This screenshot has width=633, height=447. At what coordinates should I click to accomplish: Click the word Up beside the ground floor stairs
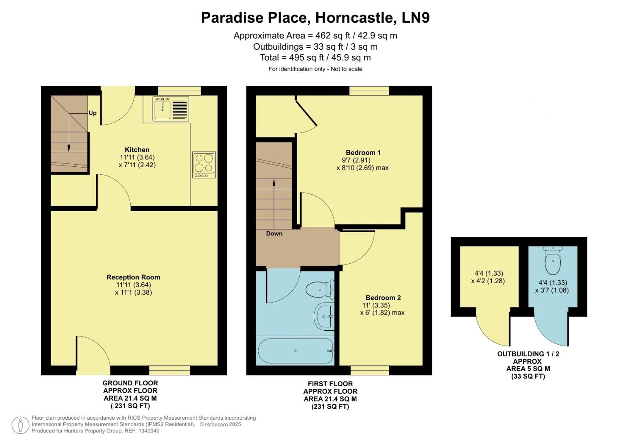pyautogui.click(x=92, y=113)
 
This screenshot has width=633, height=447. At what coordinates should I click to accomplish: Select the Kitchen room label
pyautogui.click(x=137, y=150)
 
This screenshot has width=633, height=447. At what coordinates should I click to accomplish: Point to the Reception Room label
pyautogui.click(x=133, y=277)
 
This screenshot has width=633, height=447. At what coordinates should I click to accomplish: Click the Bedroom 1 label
pyautogui.click(x=363, y=152)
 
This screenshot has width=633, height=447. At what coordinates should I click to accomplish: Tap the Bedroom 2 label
pyautogui.click(x=383, y=298)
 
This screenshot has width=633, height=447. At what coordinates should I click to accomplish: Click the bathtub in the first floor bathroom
pyautogui.click(x=295, y=351)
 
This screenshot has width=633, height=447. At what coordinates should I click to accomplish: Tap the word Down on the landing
pyautogui.click(x=274, y=233)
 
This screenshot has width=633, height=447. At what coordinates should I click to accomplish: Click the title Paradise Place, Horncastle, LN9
pyautogui.click(x=315, y=18)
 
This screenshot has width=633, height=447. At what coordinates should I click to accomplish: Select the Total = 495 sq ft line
pyautogui.click(x=315, y=58)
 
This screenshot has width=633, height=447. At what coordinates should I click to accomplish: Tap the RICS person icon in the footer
pyautogui.click(x=20, y=425)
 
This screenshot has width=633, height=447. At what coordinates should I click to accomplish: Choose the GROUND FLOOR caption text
pyautogui.click(x=130, y=383)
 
